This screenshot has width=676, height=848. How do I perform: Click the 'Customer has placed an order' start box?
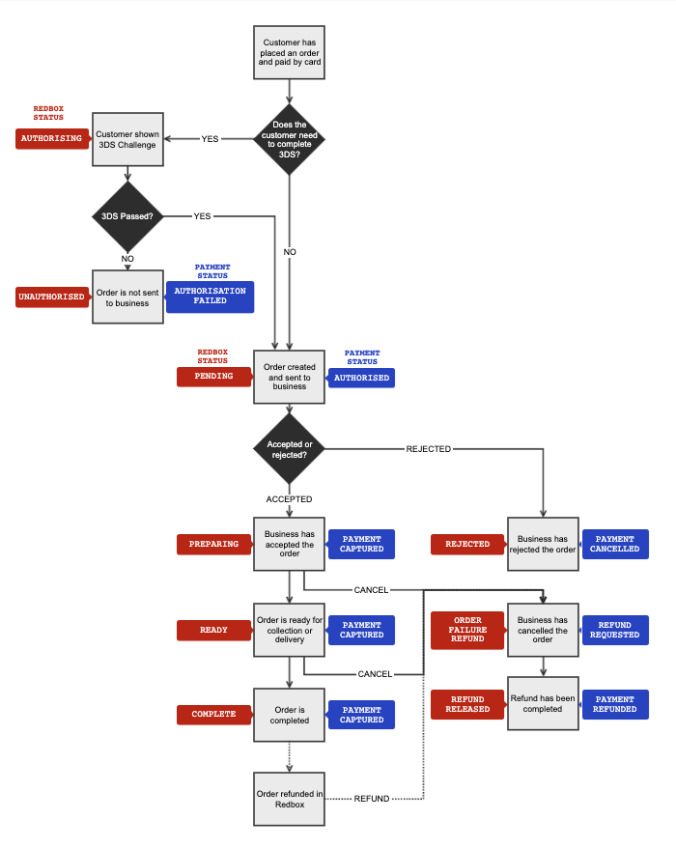click(x=290, y=53)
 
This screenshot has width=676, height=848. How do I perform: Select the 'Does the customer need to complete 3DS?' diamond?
click(x=290, y=139)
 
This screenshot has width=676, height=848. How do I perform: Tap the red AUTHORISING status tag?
click(x=49, y=139)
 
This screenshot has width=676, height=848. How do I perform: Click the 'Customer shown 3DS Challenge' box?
click(x=127, y=139)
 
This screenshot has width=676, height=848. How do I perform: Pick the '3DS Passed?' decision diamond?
click(x=127, y=216)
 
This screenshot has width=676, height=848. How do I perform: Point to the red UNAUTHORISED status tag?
click(x=51, y=297)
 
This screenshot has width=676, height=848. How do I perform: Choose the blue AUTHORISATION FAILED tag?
click(x=211, y=297)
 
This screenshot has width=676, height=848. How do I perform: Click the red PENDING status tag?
click(x=214, y=377)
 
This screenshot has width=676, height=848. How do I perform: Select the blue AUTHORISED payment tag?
click(x=362, y=378)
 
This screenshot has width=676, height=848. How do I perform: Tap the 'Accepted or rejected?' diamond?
click(x=290, y=449)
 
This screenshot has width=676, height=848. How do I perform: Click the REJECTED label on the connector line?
click(x=429, y=449)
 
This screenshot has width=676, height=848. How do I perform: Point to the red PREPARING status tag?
click(x=214, y=544)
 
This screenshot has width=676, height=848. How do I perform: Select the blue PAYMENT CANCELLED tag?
click(x=615, y=545)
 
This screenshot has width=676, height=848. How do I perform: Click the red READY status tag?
click(x=214, y=630)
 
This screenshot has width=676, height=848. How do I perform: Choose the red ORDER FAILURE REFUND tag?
click(x=468, y=630)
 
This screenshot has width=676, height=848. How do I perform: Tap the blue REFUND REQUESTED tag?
click(x=615, y=630)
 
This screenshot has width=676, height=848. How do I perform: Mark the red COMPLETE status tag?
click(x=214, y=715)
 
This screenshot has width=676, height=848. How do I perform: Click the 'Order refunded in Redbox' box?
click(x=290, y=799)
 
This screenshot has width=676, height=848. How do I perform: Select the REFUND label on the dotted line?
click(x=372, y=799)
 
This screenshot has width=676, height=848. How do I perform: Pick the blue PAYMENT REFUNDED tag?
click(x=615, y=704)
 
